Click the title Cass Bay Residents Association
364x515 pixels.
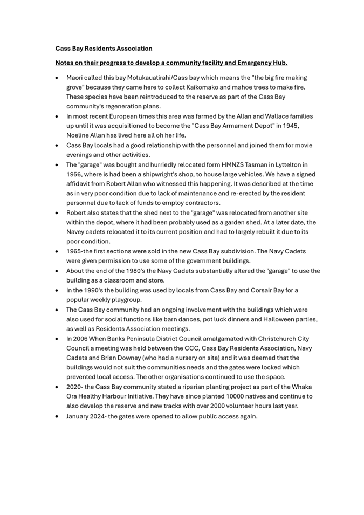click(x=104, y=49)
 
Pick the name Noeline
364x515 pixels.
click(x=80, y=135)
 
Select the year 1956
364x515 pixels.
click(x=74, y=174)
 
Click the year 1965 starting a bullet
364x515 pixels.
click(x=74, y=251)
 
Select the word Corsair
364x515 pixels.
click(x=264, y=290)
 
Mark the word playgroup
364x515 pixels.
click(x=124, y=300)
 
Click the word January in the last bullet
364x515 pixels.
click(x=80, y=416)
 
